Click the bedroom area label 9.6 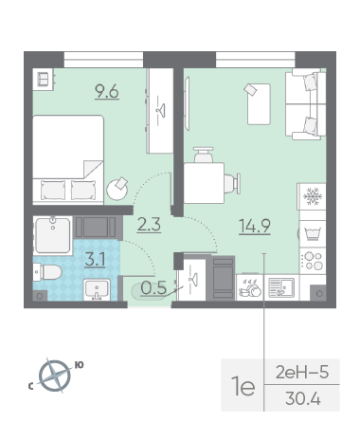(x=107, y=92)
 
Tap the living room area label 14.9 (x=255, y=226)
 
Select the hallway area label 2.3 (x=149, y=225)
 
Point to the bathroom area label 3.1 (x=95, y=260)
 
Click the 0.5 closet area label (x=153, y=287)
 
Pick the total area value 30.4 (x=303, y=398)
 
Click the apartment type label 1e (x=243, y=386)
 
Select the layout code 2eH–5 (x=302, y=372)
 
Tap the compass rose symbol (x=55, y=376)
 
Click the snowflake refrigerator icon (x=313, y=196)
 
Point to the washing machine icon (x=313, y=233)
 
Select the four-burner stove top (x=313, y=261)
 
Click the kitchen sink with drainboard (x=281, y=287)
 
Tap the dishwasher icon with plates (x=250, y=287)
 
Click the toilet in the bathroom (x=47, y=272)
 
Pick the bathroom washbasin (x=97, y=289)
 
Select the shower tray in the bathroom (x=53, y=235)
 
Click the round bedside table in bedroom (x=117, y=189)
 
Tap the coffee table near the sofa (x=259, y=103)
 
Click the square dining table (x=204, y=183)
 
